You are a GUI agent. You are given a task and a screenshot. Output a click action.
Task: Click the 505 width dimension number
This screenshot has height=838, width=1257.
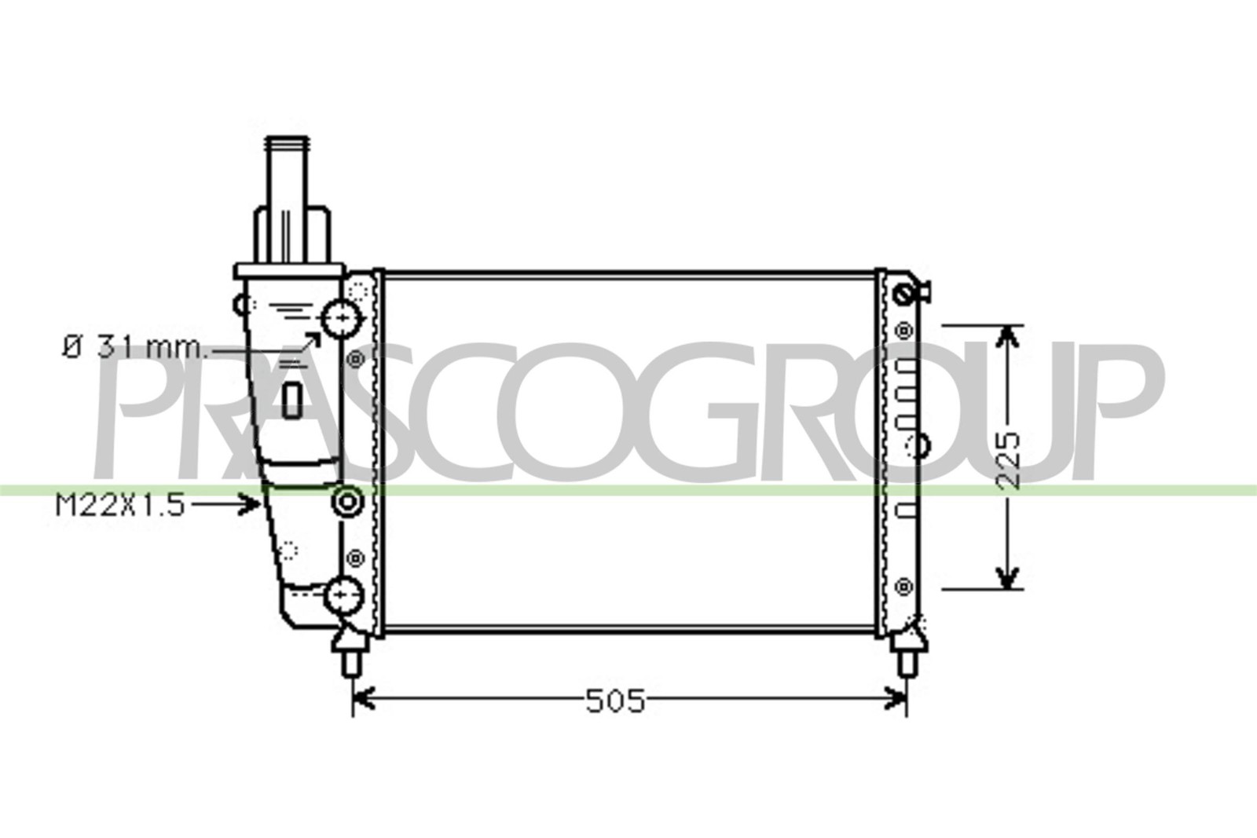click(x=616, y=701)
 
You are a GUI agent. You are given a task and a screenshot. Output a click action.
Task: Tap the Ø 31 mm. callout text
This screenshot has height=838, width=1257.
click(x=134, y=348)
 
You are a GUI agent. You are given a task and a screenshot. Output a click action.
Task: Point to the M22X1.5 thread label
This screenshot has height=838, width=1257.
click(x=119, y=505)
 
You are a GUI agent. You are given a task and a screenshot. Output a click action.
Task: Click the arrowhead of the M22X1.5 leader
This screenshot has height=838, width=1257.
click(x=251, y=503)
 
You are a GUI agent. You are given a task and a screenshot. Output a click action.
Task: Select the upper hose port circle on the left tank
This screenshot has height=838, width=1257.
click(x=342, y=319)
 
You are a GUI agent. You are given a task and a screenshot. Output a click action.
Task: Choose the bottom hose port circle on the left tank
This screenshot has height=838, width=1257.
click(x=343, y=595)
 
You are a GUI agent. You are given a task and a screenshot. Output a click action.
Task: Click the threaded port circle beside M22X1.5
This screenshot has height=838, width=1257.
click(x=347, y=501)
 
